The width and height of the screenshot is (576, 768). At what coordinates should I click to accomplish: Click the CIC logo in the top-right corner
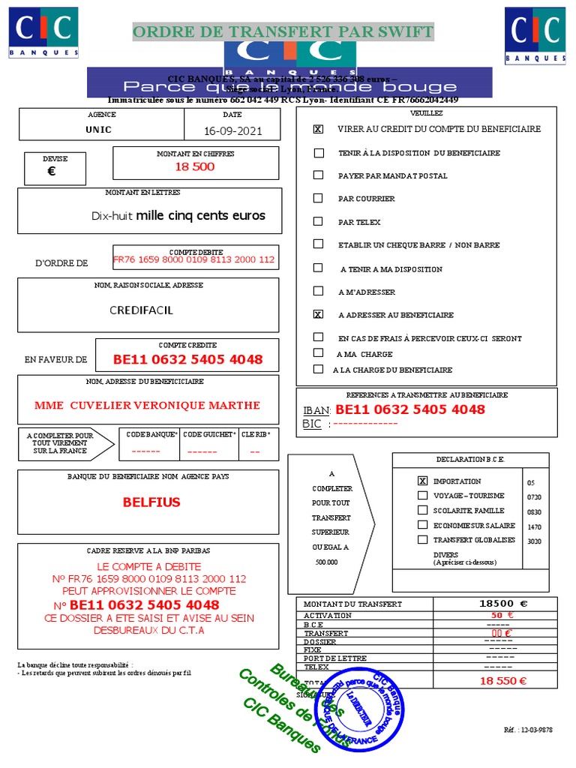pyautogui.click(x=535, y=34)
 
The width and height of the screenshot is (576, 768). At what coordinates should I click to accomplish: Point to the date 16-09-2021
pyautogui.click(x=232, y=130)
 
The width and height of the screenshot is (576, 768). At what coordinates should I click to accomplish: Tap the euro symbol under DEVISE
pyautogui.click(x=51, y=171)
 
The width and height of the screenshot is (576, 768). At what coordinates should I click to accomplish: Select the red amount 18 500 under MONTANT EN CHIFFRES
pyautogui.click(x=195, y=166)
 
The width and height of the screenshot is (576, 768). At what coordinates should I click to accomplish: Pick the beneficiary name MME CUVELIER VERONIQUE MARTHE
pyautogui.click(x=148, y=405)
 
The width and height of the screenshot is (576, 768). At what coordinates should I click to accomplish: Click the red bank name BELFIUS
pyautogui.click(x=151, y=502)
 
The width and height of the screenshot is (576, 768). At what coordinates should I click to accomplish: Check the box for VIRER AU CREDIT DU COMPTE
pyautogui.click(x=319, y=129)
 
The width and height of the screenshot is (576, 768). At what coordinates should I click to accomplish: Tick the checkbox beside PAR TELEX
pyautogui.click(x=319, y=222)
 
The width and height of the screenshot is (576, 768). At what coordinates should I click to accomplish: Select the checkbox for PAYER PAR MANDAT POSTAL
pyautogui.click(x=319, y=175)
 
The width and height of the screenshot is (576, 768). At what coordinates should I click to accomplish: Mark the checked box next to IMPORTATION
pyautogui.click(x=423, y=481)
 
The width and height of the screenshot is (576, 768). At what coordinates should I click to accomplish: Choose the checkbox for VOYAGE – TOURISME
pyautogui.click(x=423, y=496)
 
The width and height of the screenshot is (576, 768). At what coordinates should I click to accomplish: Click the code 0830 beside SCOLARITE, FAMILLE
pyautogui.click(x=534, y=512)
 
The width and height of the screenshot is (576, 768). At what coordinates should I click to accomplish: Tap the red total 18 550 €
pyautogui.click(x=503, y=681)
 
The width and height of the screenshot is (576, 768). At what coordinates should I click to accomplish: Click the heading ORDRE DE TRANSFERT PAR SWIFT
pyautogui.click(x=283, y=31)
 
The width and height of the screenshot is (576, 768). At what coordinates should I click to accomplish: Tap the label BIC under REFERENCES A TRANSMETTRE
pyautogui.click(x=312, y=424)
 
